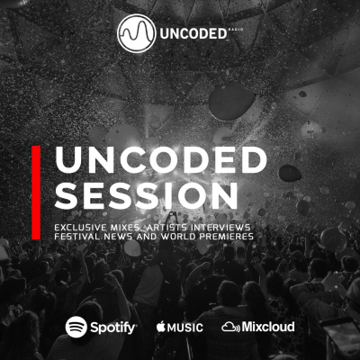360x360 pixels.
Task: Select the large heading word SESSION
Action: (146, 195)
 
